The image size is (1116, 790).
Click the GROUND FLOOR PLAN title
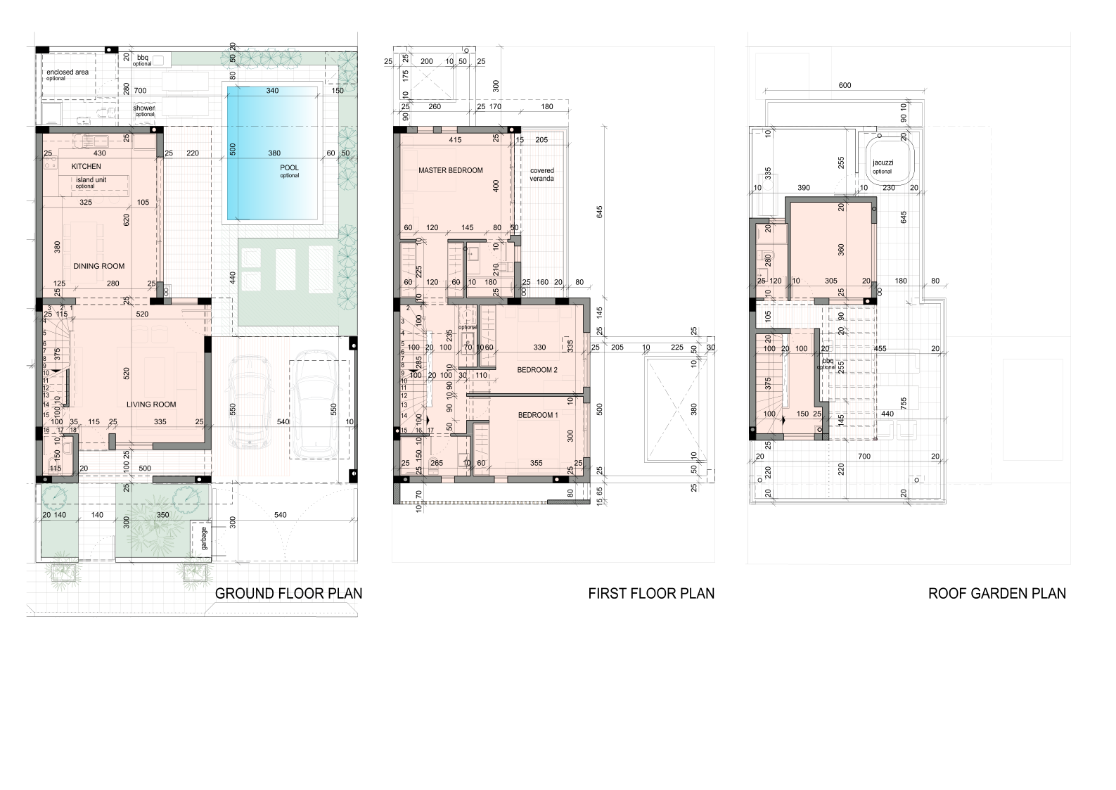[288, 593]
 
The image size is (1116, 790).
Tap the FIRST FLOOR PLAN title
[651, 593]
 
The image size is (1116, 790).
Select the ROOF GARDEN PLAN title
[996, 593]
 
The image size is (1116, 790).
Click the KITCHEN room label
[86, 167]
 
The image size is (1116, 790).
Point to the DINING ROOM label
[99, 266]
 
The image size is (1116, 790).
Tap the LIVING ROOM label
[151, 404]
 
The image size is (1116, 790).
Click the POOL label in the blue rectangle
[289, 168]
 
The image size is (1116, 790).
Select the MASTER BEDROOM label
[451, 170]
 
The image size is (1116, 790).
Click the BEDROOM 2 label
[537, 370]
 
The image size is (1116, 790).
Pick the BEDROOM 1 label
[538, 415]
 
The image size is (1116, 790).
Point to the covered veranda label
[541, 174]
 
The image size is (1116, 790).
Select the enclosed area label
[68, 72]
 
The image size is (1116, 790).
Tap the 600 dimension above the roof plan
[845, 86]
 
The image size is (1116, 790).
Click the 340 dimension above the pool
[272, 91]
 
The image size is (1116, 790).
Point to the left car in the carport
[250, 401]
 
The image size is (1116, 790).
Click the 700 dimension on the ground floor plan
[140, 91]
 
